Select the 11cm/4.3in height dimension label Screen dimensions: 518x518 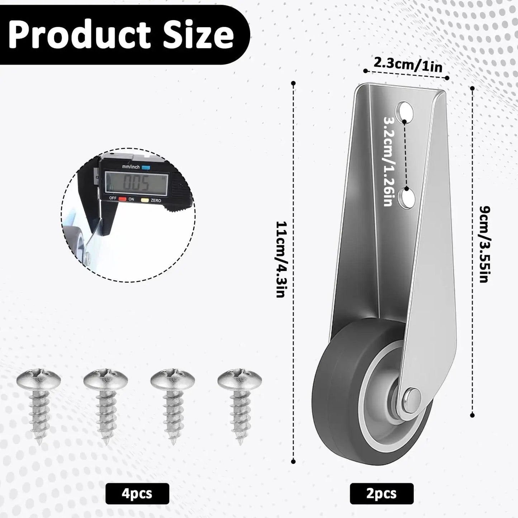[x=280, y=259]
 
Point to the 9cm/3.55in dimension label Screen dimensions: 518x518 [x=485, y=244]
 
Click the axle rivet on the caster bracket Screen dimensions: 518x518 [x=412, y=397]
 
